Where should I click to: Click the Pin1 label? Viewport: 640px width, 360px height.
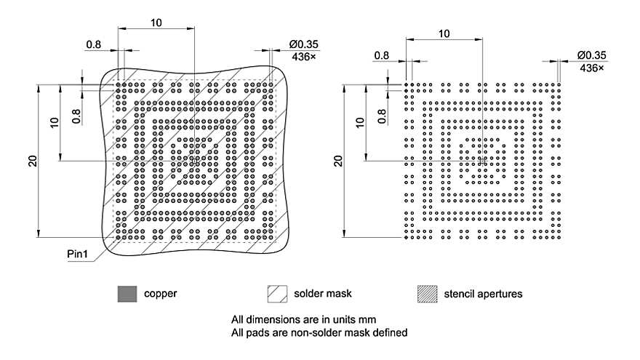(x=79, y=255)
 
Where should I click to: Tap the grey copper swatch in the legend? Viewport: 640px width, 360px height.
(x=127, y=294)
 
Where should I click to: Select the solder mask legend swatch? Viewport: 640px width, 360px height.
(x=277, y=294)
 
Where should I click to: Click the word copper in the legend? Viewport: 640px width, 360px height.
(x=160, y=294)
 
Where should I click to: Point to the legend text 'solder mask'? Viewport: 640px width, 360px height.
(x=322, y=294)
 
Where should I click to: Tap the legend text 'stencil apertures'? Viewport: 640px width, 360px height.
(x=482, y=294)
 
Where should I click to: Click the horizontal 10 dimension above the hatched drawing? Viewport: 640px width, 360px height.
(x=156, y=23)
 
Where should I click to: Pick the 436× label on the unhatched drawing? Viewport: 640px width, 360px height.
(x=593, y=67)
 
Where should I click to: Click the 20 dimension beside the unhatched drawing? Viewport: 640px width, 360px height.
(x=338, y=161)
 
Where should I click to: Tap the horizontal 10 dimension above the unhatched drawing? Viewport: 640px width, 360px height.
(x=444, y=33)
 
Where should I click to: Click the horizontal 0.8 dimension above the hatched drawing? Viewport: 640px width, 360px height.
(x=94, y=44)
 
